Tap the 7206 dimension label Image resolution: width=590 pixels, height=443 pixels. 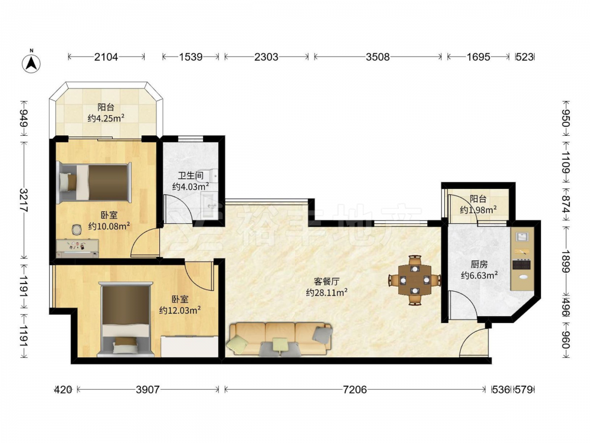tap(355, 389)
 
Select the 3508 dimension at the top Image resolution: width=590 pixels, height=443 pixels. tap(378, 57)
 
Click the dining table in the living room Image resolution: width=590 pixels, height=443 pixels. tap(415, 280)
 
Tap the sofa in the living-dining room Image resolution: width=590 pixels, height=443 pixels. tap(280, 338)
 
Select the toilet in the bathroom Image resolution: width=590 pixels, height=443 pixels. tap(212, 175)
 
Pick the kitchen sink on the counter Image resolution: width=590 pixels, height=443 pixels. tap(522, 237)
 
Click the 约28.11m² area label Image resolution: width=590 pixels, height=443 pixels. tap(326, 292)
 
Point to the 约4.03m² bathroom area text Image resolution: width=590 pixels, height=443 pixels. tap(191, 186)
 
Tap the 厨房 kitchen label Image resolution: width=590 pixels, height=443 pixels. tap(479, 264)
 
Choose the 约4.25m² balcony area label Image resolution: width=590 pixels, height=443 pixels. tap(106, 118)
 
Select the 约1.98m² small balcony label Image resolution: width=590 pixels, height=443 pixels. tap(478, 210)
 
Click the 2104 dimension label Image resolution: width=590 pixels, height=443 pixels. tap(106, 57)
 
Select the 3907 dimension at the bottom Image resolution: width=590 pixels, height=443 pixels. tap(147, 389)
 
